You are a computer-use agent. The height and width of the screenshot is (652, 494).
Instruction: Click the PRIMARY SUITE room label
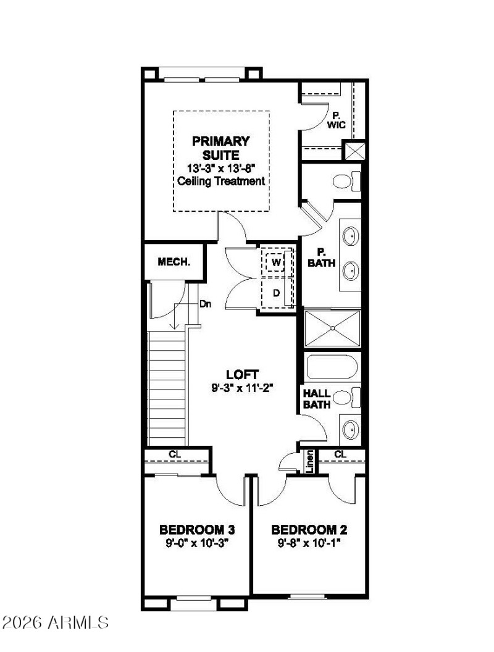tap(220, 148)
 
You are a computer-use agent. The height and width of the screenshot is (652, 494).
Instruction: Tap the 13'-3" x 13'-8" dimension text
tap(221, 168)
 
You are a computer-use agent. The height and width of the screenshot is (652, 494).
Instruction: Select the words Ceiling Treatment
tap(221, 181)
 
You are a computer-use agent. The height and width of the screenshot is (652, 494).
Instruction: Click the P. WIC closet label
tap(338, 120)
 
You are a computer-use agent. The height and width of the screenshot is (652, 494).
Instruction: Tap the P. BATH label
tap(321, 257)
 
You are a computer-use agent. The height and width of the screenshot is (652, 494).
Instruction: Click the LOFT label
tap(241, 375)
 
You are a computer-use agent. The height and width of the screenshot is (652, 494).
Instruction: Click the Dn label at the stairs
tap(205, 304)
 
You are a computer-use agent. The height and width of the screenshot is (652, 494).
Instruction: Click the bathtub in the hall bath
tap(332, 369)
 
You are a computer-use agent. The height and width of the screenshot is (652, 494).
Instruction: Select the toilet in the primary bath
tap(343, 182)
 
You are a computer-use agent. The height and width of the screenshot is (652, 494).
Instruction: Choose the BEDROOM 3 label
tap(196, 530)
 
